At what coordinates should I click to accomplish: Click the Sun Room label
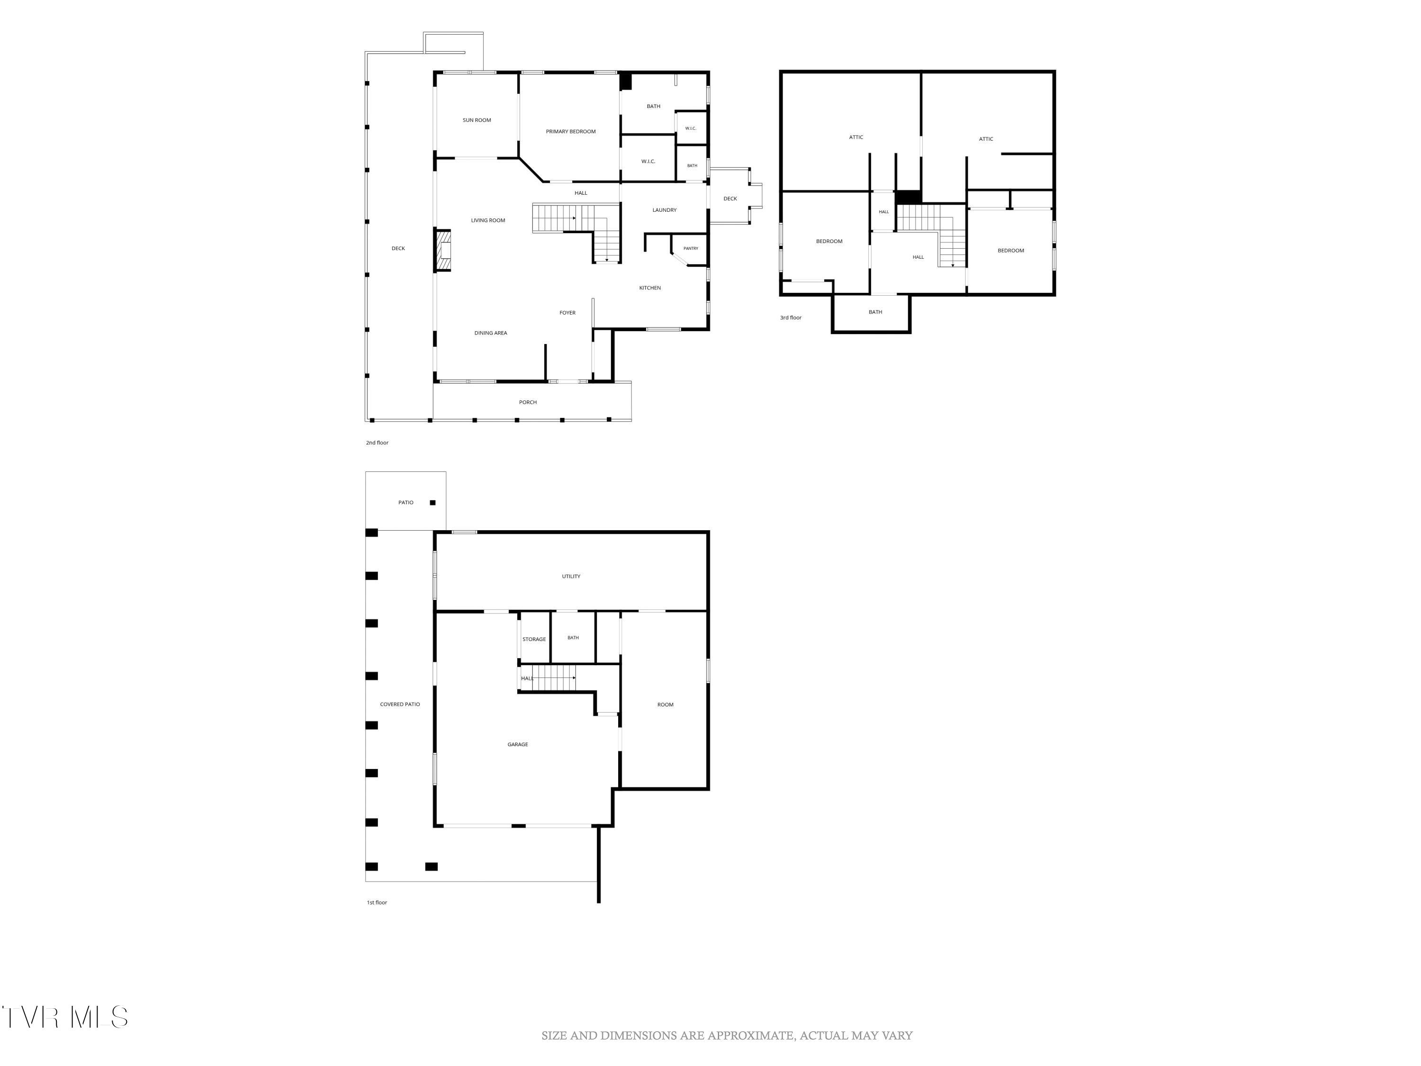coord(477,120)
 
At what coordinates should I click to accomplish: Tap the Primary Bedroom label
coord(570,132)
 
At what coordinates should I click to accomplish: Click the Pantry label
coord(691,249)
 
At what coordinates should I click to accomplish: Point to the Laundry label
coord(664,210)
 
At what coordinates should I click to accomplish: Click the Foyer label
coord(567,313)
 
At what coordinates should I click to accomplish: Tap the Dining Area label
coord(491,333)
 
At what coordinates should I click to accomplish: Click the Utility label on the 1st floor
coord(571,577)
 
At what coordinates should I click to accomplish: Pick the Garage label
coord(518,745)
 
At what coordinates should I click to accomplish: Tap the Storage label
coord(534,639)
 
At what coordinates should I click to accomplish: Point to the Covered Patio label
coord(400,704)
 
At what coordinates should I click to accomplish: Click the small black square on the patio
coord(432,503)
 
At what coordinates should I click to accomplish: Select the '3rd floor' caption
coord(791,317)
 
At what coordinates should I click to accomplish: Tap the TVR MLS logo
coord(64,1017)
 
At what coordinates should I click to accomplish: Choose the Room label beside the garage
coord(665,705)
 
